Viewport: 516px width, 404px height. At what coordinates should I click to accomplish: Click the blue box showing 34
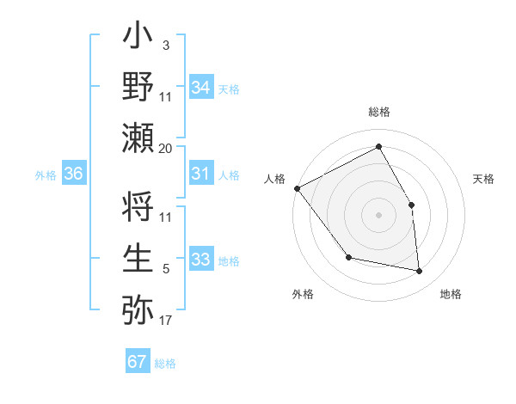pyautogui.click(x=201, y=88)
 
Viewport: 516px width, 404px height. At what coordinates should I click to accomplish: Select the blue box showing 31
pyautogui.click(x=201, y=174)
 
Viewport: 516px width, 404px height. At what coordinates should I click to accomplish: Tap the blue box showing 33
pyautogui.click(x=201, y=260)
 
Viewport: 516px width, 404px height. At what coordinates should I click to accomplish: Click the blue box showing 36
pyautogui.click(x=74, y=174)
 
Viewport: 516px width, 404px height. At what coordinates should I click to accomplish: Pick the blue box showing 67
pyautogui.click(x=138, y=362)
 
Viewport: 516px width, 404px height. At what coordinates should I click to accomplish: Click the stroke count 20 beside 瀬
pyautogui.click(x=166, y=148)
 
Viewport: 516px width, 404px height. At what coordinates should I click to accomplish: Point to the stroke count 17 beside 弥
pyautogui.click(x=166, y=321)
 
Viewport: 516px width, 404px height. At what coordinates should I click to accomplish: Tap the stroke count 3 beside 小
pyautogui.click(x=165, y=44)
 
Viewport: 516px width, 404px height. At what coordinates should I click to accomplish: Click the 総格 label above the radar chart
pyautogui.click(x=378, y=112)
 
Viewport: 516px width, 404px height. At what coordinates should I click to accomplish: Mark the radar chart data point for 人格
pyautogui.click(x=297, y=188)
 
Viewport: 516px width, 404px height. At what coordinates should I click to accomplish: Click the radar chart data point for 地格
pyautogui.click(x=419, y=271)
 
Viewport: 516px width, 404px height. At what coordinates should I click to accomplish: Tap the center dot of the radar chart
pyautogui.click(x=378, y=215)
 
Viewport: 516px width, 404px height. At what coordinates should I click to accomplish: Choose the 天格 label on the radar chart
pyautogui.click(x=484, y=179)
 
